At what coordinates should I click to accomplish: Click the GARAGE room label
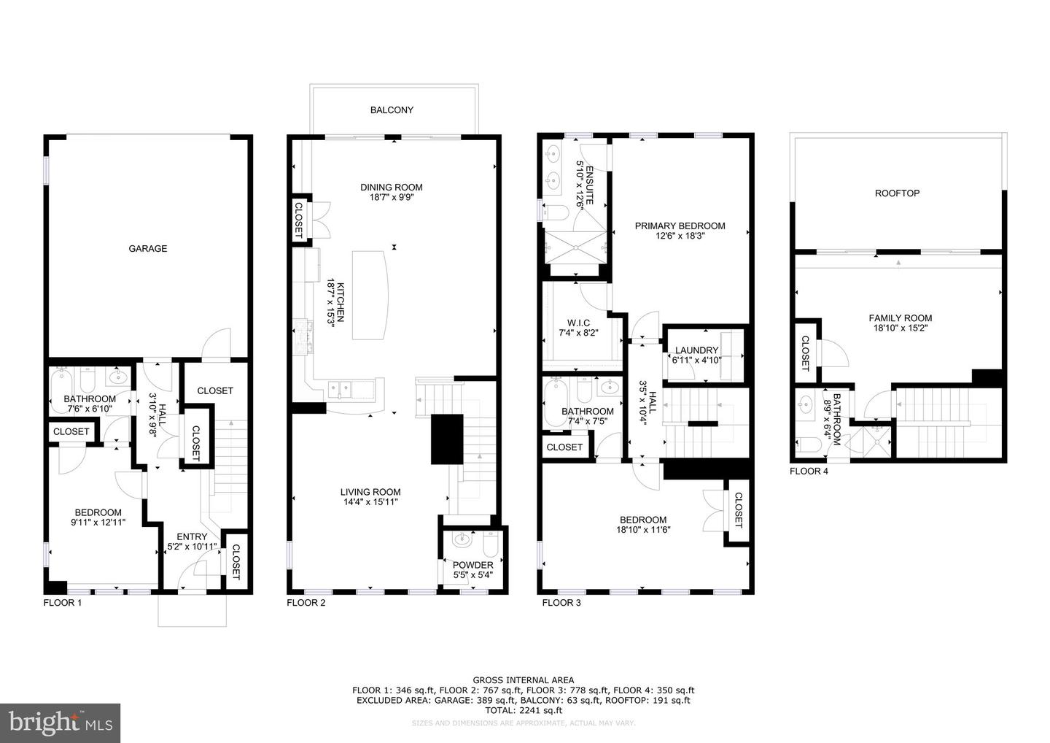coord(148,249)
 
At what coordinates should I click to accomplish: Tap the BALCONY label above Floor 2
coord(392,110)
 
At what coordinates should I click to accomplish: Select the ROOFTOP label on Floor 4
coord(897,193)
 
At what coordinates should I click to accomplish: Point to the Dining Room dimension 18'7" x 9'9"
coord(392,197)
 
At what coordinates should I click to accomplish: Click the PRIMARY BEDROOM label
coord(680,226)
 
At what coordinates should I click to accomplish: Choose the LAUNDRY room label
coord(696,350)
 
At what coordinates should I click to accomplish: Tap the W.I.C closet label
coord(578,323)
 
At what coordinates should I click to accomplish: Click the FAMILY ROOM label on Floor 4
coord(900,318)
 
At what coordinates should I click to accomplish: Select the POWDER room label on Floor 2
coord(472,565)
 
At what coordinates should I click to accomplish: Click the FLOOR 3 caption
coord(561,603)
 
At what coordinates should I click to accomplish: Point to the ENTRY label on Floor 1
coord(192,536)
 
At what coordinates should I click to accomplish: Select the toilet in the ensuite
coord(557,212)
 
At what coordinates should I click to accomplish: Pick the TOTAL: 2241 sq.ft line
coord(523,709)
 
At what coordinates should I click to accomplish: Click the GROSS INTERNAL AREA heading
coord(523,680)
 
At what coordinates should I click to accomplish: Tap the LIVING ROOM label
coord(370,492)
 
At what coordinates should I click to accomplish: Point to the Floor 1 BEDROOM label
coord(97,512)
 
